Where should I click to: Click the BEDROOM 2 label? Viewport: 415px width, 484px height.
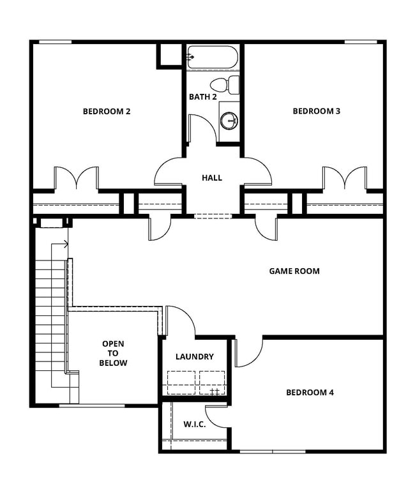[107, 112]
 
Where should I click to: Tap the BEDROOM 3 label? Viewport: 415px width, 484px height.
[316, 112]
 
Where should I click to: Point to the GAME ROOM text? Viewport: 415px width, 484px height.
[294, 271]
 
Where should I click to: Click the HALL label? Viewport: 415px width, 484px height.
[212, 178]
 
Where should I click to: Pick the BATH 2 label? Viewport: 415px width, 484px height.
[203, 97]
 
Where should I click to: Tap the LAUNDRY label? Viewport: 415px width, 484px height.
[195, 357]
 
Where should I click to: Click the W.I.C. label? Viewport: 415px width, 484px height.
[194, 425]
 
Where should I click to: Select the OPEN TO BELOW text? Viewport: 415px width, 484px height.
[113, 353]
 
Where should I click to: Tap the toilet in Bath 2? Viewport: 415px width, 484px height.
[223, 84]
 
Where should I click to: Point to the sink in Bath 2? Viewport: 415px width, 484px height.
[229, 119]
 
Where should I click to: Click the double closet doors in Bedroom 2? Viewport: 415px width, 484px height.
[76, 179]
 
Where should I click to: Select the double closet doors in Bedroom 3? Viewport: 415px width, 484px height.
[345, 179]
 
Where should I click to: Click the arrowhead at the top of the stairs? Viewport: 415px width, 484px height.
[66, 243]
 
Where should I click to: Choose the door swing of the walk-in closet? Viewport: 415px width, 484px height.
[217, 416]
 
